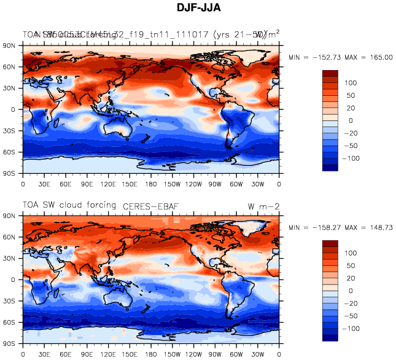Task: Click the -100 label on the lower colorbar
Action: pos(352,329)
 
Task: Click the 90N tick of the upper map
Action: pos(9,45)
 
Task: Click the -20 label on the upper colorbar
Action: pos(352,133)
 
